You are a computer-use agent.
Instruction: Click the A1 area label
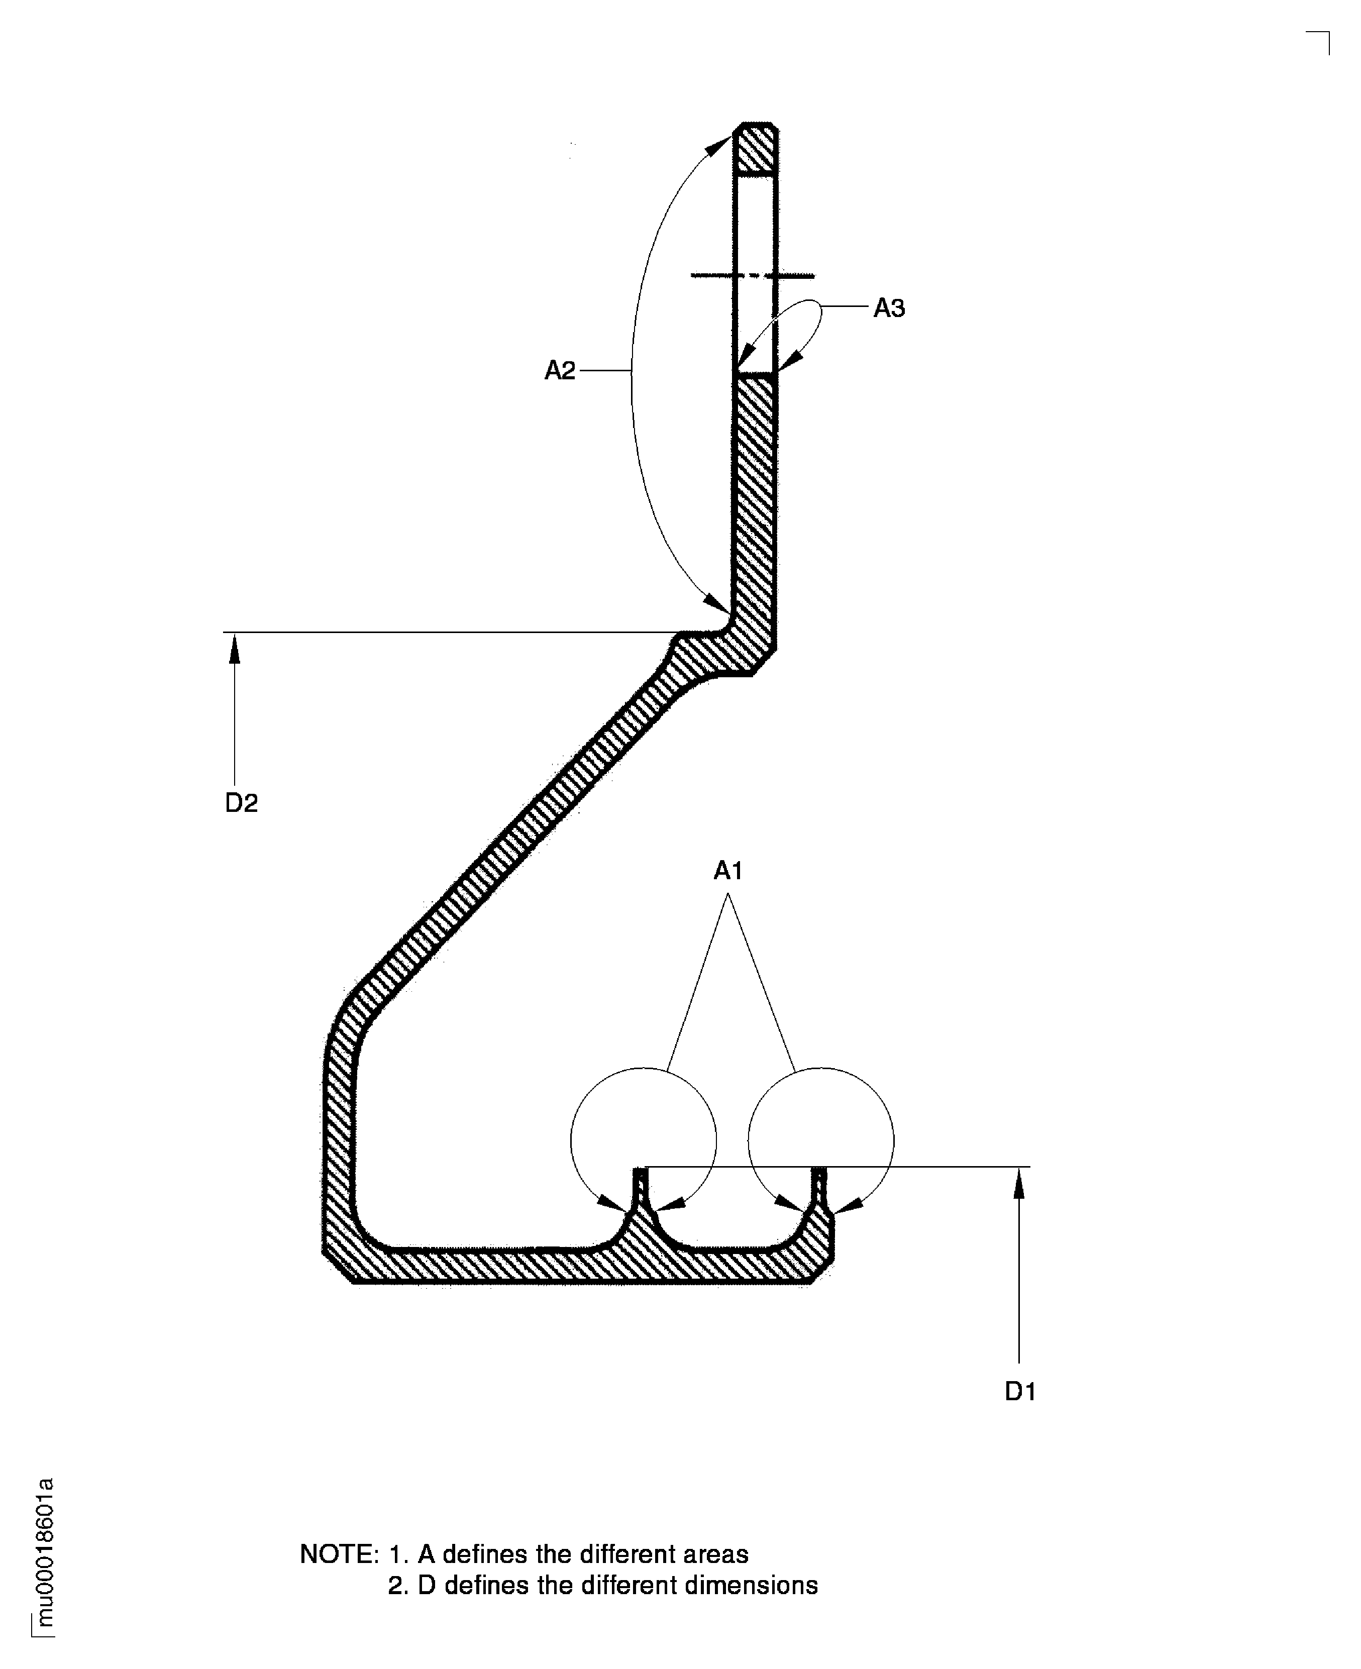[727, 870]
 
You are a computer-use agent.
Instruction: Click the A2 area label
[560, 370]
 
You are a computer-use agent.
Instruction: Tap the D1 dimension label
[1020, 1392]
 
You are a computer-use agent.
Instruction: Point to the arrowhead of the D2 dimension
[234, 649]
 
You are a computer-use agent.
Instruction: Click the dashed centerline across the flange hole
[753, 275]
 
